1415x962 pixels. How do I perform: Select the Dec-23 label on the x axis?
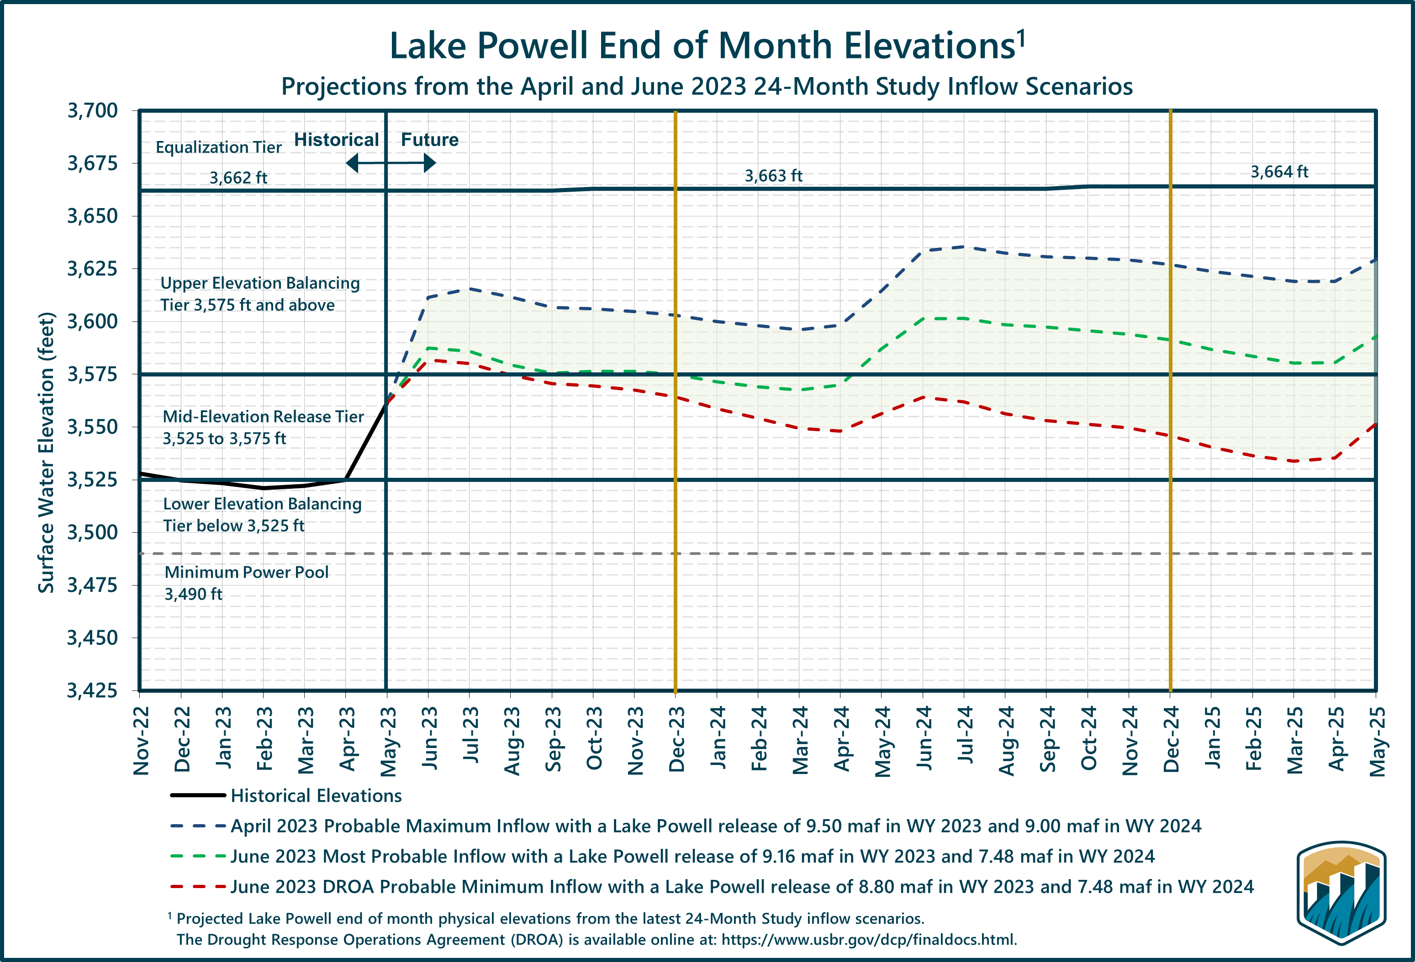[x=676, y=739]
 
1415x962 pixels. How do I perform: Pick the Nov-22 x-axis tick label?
[x=141, y=740]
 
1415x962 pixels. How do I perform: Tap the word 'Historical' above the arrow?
[x=336, y=140]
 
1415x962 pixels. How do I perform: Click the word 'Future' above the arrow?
[x=429, y=140]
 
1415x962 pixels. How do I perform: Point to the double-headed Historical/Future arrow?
[x=390, y=163]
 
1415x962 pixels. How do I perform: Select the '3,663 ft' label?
[x=773, y=176]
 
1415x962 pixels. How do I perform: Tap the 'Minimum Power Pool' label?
[x=247, y=573]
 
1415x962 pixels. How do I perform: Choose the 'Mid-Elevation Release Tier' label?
[x=263, y=417]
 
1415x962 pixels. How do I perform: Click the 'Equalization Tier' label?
[x=219, y=147]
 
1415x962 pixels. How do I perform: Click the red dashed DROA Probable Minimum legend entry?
[x=742, y=887]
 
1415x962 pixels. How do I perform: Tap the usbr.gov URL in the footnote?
[x=869, y=940]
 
